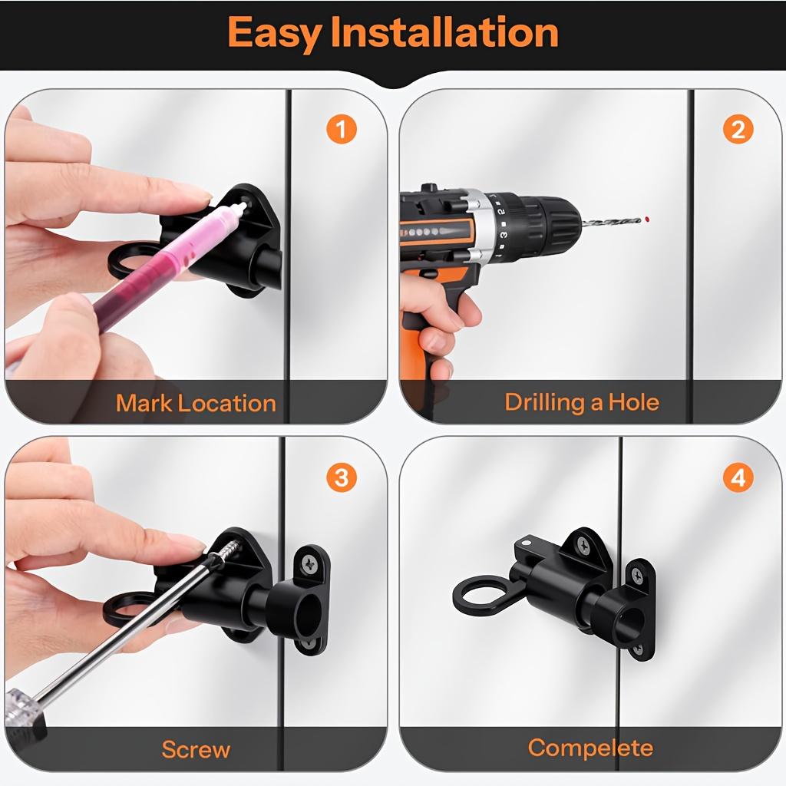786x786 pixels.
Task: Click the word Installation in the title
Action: pos(444,33)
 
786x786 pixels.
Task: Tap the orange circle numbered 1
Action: pos(342,130)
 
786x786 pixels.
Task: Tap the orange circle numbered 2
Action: pos(738,130)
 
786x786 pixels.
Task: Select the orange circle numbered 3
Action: pos(342,478)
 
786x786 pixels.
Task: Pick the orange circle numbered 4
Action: pos(738,478)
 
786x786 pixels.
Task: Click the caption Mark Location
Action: pos(196,404)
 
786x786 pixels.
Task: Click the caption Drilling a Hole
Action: pos(582,402)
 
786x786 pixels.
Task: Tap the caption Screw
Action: pos(196,749)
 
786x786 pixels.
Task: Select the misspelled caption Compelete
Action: pos(590,748)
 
